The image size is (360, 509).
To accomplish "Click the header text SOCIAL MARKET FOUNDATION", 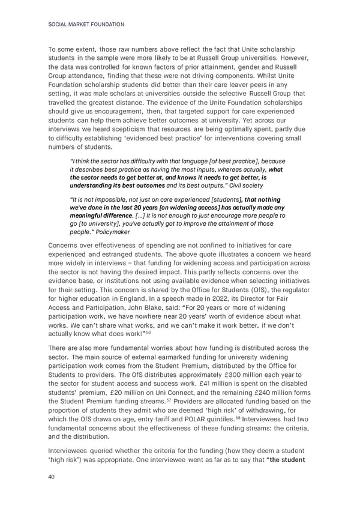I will pyautogui.click(x=85, y=24).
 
